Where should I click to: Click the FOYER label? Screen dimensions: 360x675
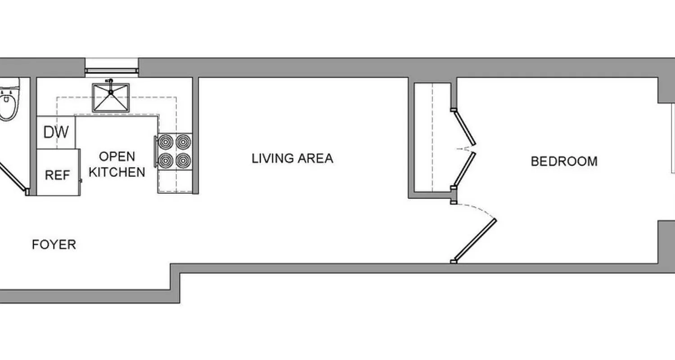coord(54,245)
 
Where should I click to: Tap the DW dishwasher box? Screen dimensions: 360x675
coord(56,132)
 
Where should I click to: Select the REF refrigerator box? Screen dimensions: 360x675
coord(58,175)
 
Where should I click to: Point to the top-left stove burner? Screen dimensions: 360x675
coord(166,142)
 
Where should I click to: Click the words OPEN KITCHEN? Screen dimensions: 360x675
coord(117,164)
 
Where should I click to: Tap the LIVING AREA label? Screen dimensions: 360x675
coord(292,158)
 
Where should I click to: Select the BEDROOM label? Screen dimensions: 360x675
coord(564,162)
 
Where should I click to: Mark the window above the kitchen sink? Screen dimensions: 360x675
coord(112,70)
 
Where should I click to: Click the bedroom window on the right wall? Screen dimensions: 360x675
coord(672,137)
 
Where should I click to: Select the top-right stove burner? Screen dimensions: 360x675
coord(183,142)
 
